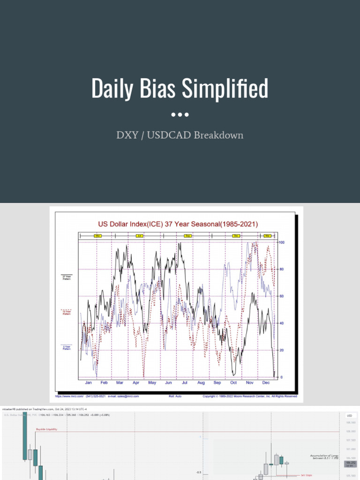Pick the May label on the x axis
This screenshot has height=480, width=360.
click(152, 383)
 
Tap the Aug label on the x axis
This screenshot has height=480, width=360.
click(201, 383)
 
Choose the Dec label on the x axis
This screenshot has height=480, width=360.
click(266, 383)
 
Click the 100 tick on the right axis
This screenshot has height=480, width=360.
click(282, 242)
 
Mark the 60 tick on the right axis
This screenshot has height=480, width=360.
click(281, 296)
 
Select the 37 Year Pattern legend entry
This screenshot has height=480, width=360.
click(67, 277)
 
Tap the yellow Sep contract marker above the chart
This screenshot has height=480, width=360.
click(188, 235)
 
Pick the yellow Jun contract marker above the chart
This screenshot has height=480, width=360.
click(139, 235)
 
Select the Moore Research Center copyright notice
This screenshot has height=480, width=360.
click(250, 396)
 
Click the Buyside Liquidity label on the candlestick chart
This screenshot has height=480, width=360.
click(46, 428)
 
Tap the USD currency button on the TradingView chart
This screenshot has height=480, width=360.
click(349, 416)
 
